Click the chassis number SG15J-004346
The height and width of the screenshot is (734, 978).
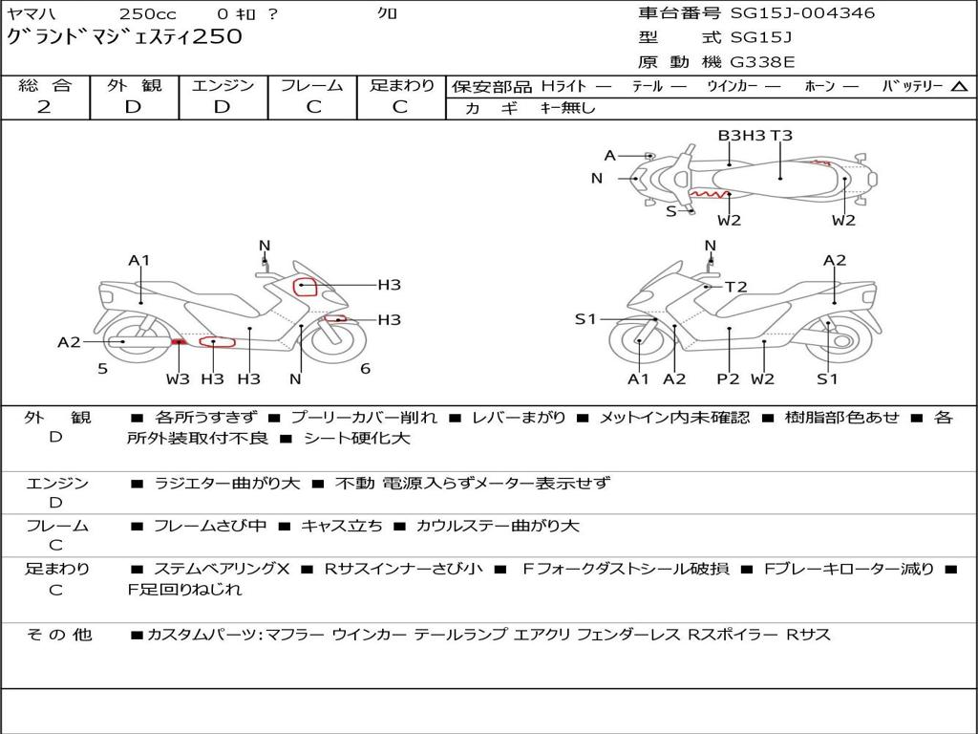[802, 13]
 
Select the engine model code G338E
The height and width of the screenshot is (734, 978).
[762, 62]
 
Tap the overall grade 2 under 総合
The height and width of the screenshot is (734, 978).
[44, 107]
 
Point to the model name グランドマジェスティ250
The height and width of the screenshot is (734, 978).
[124, 37]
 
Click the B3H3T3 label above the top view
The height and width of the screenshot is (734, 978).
[755, 136]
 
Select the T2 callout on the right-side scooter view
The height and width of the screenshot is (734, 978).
[735, 287]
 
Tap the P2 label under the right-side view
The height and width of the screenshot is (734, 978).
[728, 379]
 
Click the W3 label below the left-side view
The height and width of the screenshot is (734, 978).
[178, 379]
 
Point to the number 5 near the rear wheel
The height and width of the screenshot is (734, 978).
[102, 368]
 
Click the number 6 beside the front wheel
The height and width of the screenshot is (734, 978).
[365, 368]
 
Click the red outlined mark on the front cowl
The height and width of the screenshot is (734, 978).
[305, 286]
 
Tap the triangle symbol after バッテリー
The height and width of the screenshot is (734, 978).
[958, 86]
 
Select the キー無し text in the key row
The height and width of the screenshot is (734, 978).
[567, 108]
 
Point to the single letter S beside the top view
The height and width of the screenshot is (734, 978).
[670, 211]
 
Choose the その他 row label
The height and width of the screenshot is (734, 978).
[58, 635]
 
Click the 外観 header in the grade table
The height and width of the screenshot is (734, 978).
[134, 85]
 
